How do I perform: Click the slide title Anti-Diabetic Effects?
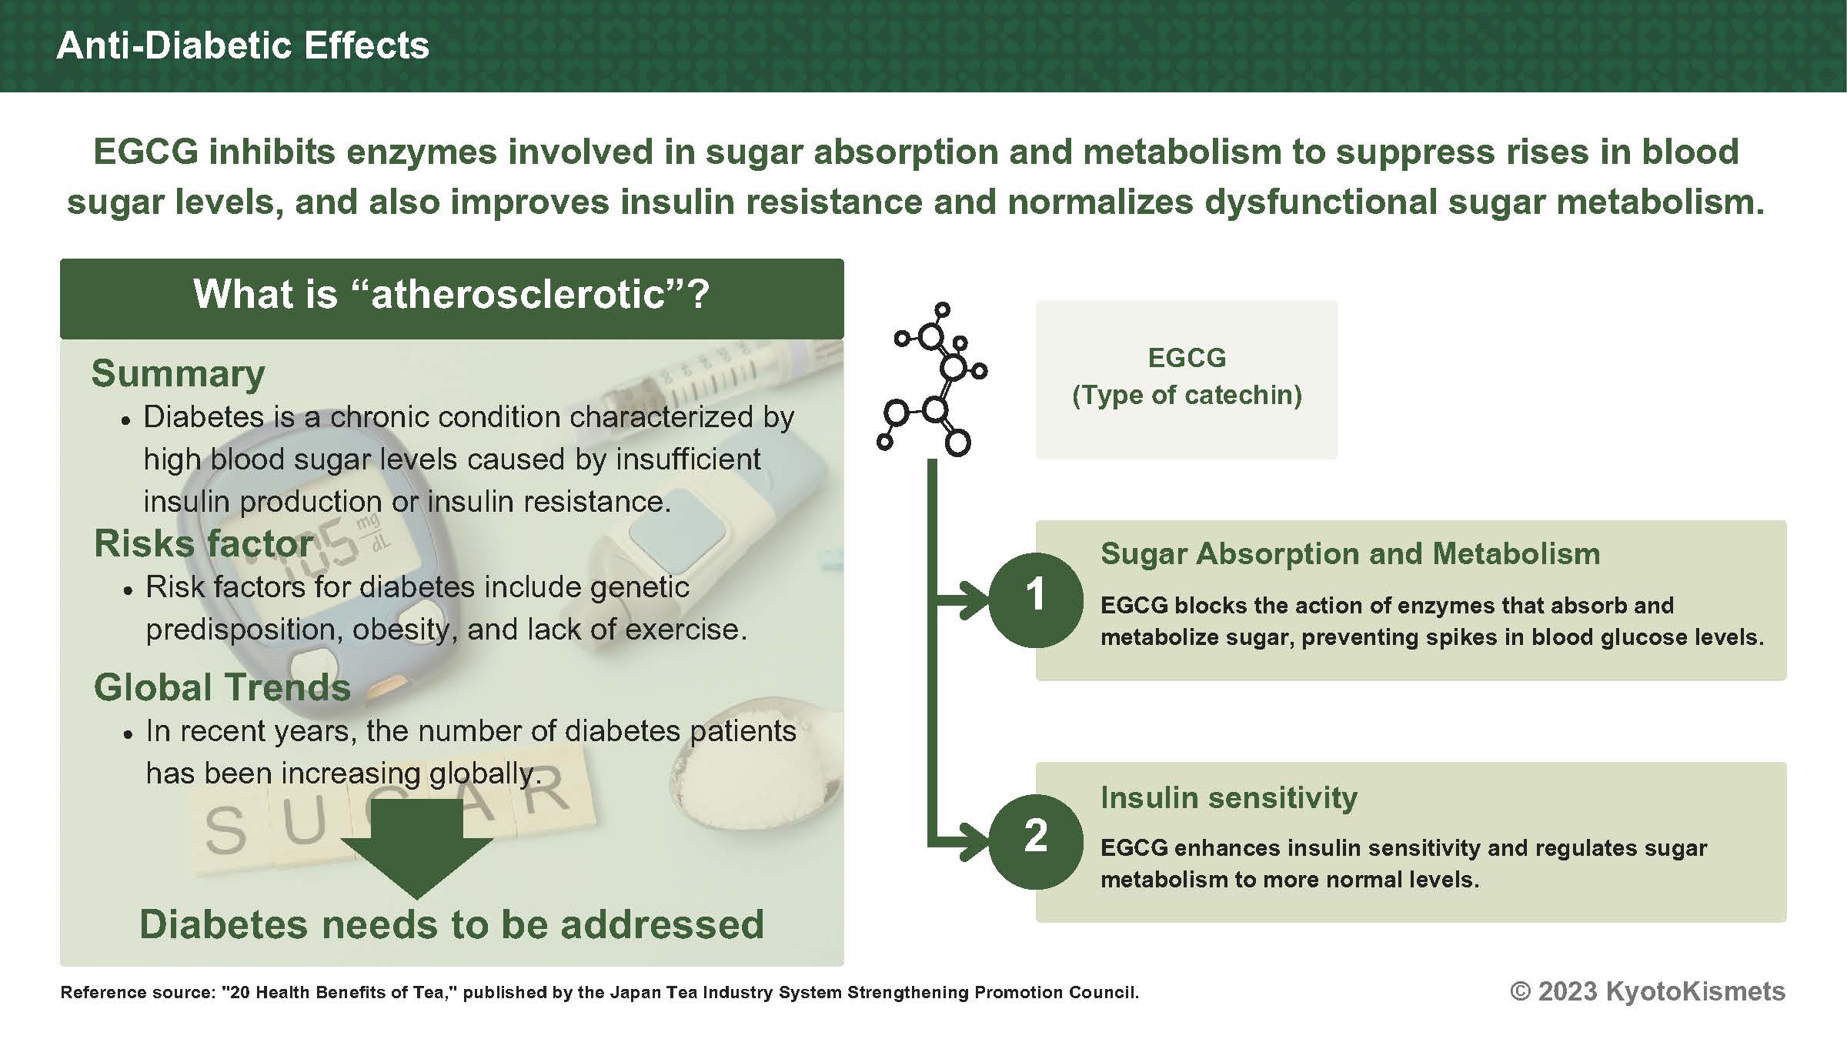tap(242, 46)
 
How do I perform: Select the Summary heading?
tap(178, 374)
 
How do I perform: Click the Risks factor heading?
tap(203, 544)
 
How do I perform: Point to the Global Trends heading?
tap(222, 687)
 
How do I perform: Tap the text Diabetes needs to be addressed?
tap(452, 924)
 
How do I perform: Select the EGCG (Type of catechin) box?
tap(1186, 379)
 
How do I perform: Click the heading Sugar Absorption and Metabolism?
tap(1350, 554)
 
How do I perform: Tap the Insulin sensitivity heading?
tap(1228, 798)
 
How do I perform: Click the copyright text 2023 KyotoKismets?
tap(1647, 991)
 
